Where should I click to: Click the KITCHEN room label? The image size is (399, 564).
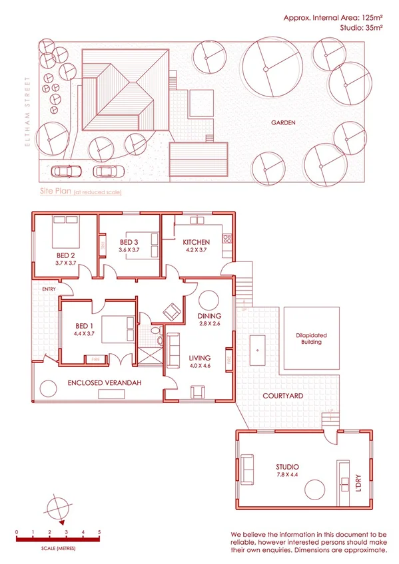(197, 242)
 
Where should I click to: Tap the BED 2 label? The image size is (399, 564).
(65, 255)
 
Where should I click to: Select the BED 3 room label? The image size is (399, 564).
(129, 242)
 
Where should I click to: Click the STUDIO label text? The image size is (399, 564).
(287, 466)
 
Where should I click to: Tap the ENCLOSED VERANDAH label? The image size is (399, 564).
(97, 384)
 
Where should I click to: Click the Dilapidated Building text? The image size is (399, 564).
(308, 339)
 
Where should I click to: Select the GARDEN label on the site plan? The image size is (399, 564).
(283, 122)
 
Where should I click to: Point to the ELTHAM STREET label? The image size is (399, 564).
(28, 113)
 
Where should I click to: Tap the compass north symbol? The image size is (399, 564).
(58, 509)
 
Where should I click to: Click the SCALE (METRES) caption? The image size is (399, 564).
(58, 548)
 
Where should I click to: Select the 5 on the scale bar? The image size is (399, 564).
(99, 532)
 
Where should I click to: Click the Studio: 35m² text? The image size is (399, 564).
(363, 29)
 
